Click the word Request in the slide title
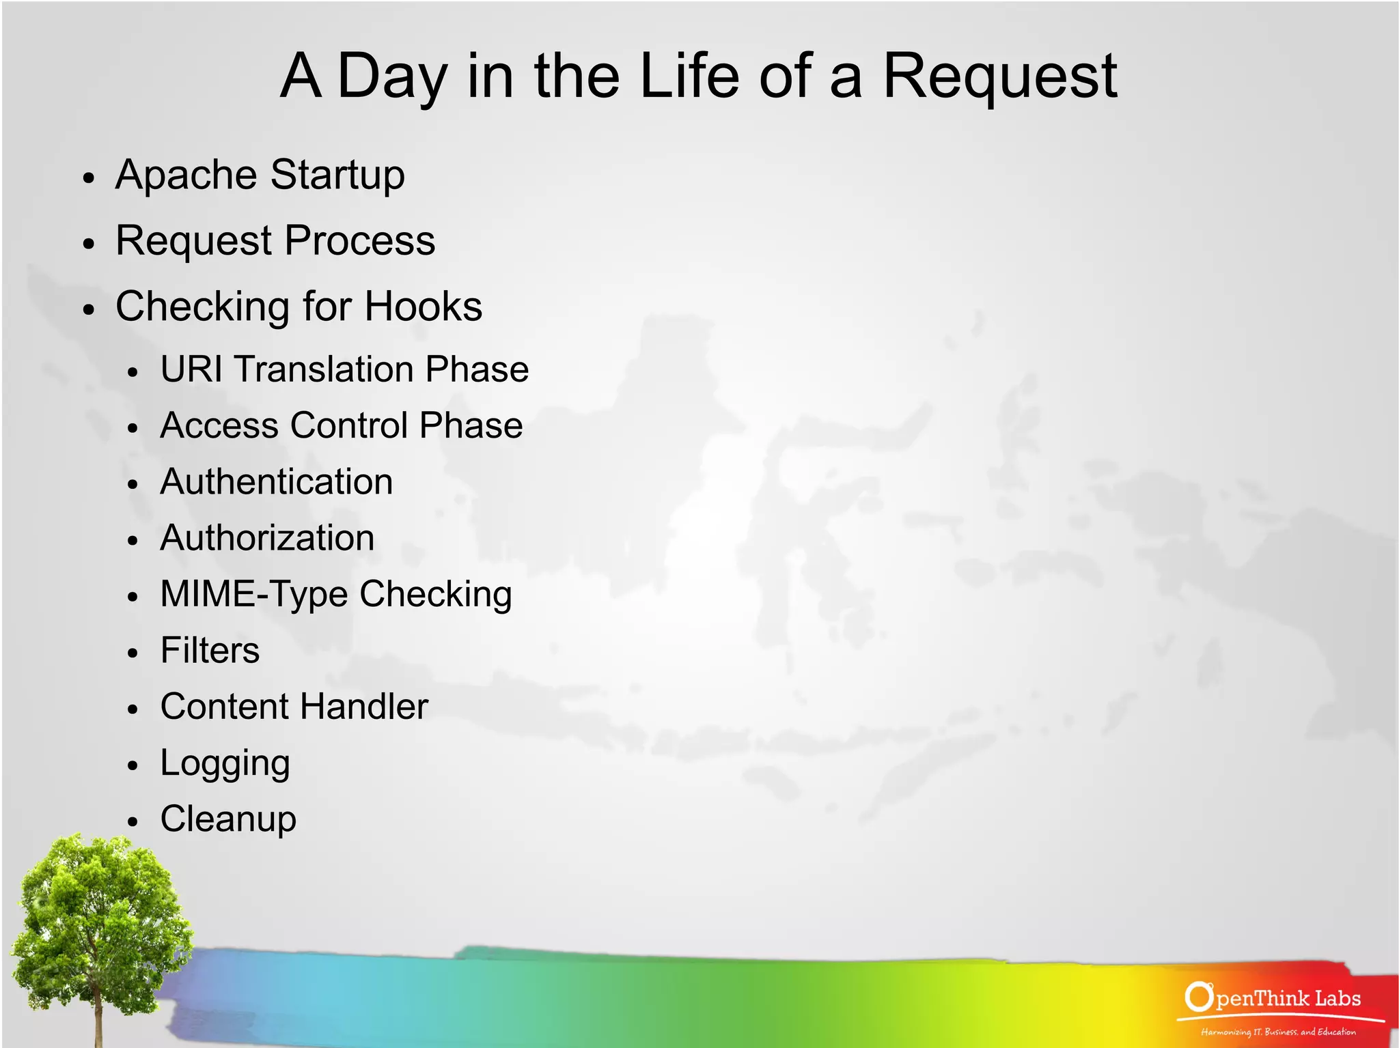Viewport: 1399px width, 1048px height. click(999, 76)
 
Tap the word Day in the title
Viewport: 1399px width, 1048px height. click(392, 76)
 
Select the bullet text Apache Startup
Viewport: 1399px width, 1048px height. click(260, 175)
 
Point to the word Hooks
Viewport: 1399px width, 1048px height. click(423, 307)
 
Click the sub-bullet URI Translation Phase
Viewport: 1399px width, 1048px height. click(344, 369)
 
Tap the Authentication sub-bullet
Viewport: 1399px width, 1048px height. click(276, 482)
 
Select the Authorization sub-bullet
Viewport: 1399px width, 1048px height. click(267, 538)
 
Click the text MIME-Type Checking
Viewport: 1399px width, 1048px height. click(335, 594)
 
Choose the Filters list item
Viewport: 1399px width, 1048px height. click(210, 650)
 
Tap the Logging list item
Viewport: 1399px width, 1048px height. click(225, 763)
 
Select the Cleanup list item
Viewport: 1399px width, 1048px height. click(228, 819)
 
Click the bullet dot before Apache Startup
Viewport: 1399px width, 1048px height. click(87, 179)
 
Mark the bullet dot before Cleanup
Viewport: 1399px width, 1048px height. click(133, 822)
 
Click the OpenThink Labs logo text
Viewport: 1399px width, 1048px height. click(1273, 999)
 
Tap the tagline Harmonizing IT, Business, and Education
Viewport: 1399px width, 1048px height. click(1278, 1032)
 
